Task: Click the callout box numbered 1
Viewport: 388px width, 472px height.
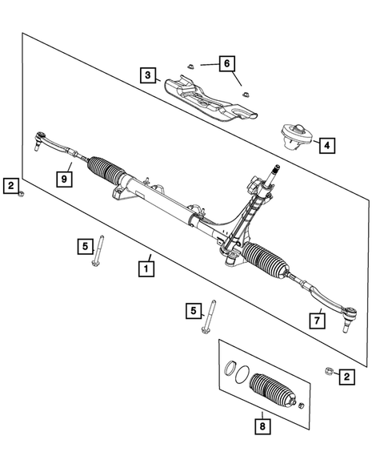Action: coord(146,268)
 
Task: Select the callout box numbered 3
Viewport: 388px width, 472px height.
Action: coord(147,76)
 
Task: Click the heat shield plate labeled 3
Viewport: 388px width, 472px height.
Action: coord(208,98)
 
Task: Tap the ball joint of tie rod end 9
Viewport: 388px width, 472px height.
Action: coord(36,145)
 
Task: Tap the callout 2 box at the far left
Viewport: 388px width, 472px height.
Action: coord(10,186)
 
